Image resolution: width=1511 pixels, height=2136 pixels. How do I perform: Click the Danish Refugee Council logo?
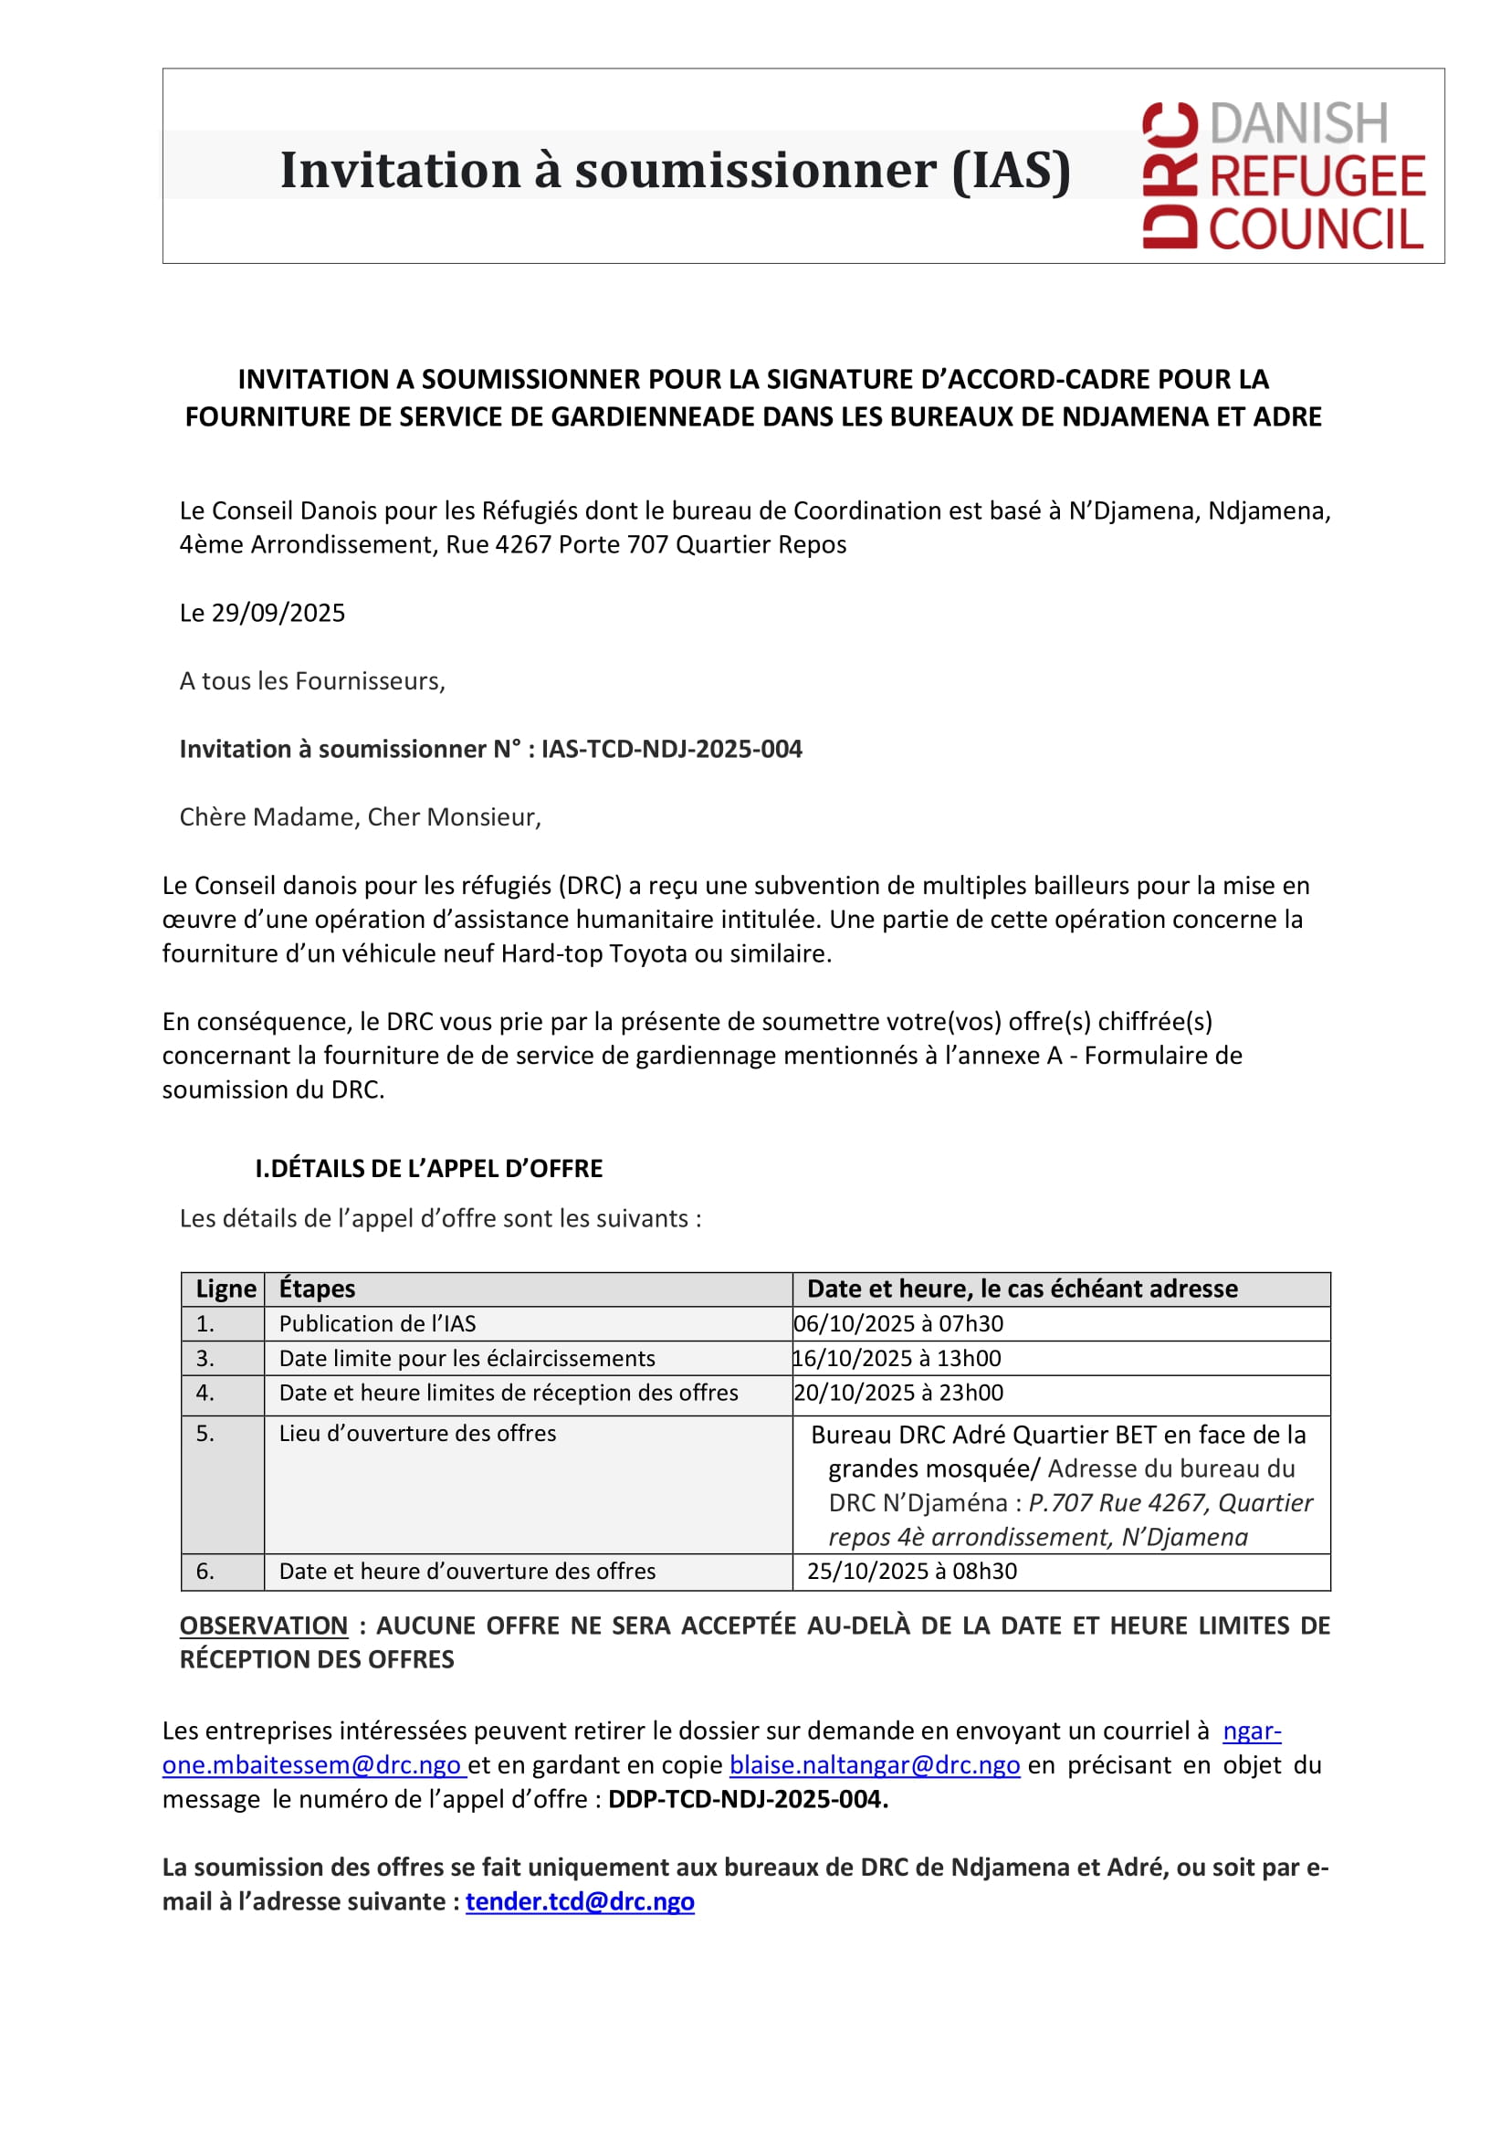1283,175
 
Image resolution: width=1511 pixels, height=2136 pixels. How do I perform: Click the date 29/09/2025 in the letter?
278,613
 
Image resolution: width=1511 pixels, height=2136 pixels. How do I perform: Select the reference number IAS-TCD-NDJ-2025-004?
671,749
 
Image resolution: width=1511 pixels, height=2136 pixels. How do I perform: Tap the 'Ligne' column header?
226,1289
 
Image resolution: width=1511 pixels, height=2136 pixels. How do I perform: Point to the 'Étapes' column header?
318,1289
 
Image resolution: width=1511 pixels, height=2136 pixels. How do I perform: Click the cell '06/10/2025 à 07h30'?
898,1323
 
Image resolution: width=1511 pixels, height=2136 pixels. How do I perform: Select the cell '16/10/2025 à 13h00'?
897,1358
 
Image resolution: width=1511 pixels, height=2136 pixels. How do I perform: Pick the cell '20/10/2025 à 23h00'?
898,1393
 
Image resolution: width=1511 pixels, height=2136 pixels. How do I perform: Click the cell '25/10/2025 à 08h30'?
912,1571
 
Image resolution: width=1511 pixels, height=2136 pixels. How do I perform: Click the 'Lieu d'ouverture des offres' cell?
418,1434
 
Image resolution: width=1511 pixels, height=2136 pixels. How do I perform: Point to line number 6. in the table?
205,1571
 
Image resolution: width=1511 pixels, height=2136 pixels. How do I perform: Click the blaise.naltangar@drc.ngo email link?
875,1764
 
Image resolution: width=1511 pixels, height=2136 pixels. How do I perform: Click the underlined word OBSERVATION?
263,1625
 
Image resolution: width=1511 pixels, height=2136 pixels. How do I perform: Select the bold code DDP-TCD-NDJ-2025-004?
747,1799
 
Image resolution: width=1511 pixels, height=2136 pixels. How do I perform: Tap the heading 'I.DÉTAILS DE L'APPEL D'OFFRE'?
429,1168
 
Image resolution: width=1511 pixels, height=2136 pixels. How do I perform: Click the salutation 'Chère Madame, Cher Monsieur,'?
360,817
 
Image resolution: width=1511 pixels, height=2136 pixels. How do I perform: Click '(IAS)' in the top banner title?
1012,171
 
